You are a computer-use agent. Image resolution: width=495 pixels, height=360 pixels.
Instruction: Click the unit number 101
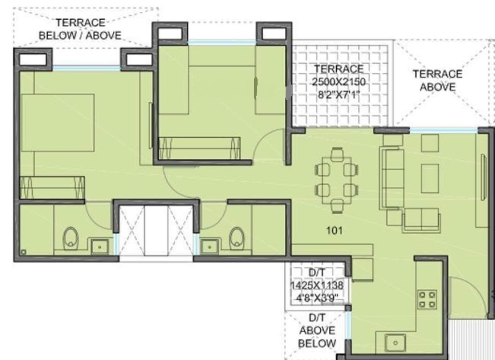334,231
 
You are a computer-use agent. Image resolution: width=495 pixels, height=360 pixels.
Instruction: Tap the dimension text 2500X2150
339,82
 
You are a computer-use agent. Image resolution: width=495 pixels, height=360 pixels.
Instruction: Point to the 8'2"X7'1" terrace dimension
339,95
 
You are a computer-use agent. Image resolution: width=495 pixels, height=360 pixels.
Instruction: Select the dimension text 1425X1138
317,285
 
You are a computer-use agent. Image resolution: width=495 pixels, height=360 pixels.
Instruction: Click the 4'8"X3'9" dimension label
317,297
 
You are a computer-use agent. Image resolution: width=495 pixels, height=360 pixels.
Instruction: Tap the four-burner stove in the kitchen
428,300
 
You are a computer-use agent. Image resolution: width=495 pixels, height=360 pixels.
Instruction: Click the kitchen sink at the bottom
395,343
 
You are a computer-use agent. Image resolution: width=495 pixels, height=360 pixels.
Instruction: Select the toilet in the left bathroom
70,238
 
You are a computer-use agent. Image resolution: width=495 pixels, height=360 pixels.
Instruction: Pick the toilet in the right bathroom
236,238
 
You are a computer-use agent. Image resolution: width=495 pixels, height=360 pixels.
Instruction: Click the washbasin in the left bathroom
100,247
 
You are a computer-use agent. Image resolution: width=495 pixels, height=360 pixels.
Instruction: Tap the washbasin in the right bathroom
209,247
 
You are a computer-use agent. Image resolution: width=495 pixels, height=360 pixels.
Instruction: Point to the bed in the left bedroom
57,123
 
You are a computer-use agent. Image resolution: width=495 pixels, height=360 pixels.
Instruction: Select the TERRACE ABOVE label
437,80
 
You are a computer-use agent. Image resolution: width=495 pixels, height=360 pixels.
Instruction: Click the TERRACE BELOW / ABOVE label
80,29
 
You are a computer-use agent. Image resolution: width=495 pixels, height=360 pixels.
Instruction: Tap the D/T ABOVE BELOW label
317,330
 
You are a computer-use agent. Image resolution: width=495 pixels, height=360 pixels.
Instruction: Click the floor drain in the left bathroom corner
23,252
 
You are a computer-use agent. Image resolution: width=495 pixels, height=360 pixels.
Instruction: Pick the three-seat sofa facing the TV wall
393,179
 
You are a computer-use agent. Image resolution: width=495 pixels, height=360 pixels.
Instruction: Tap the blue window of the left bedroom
87,67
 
